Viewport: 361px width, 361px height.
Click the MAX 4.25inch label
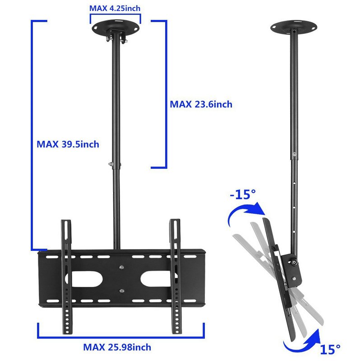tap(115, 8)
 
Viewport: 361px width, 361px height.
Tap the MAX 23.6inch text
tap(201, 104)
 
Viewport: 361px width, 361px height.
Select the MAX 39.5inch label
tap(68, 144)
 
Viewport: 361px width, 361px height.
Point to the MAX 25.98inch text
tap(117, 347)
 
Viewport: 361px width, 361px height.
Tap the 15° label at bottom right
tap(331, 349)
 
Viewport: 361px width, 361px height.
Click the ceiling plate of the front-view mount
tap(115, 28)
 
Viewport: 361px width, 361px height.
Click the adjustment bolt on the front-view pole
tap(110, 163)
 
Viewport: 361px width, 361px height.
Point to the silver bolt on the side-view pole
tap(294, 154)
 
